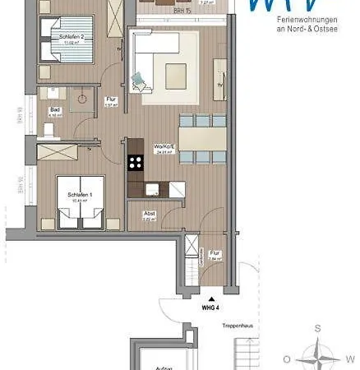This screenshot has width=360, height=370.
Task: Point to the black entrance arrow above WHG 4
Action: point(212,298)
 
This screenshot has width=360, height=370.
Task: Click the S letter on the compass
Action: point(316,329)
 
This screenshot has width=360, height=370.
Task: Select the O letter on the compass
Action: point(286,359)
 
